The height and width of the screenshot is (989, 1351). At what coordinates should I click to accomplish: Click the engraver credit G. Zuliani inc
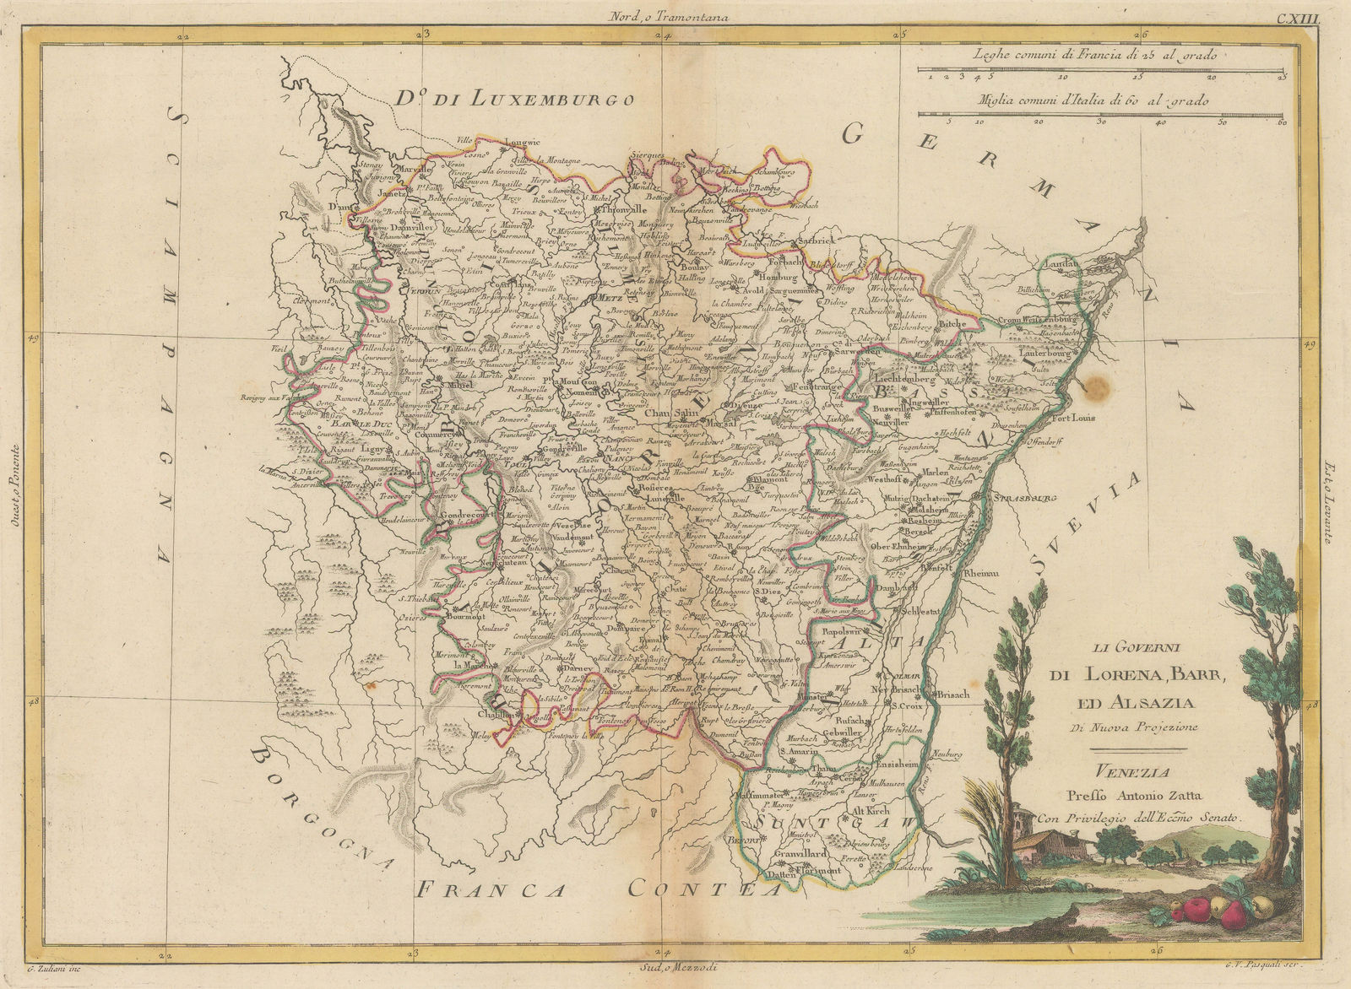(x=43, y=977)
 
